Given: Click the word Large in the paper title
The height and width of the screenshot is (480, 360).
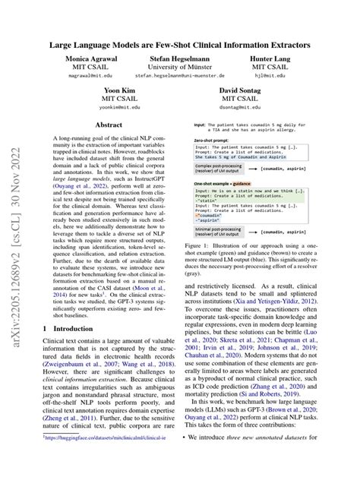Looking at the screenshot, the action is coord(64,45).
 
